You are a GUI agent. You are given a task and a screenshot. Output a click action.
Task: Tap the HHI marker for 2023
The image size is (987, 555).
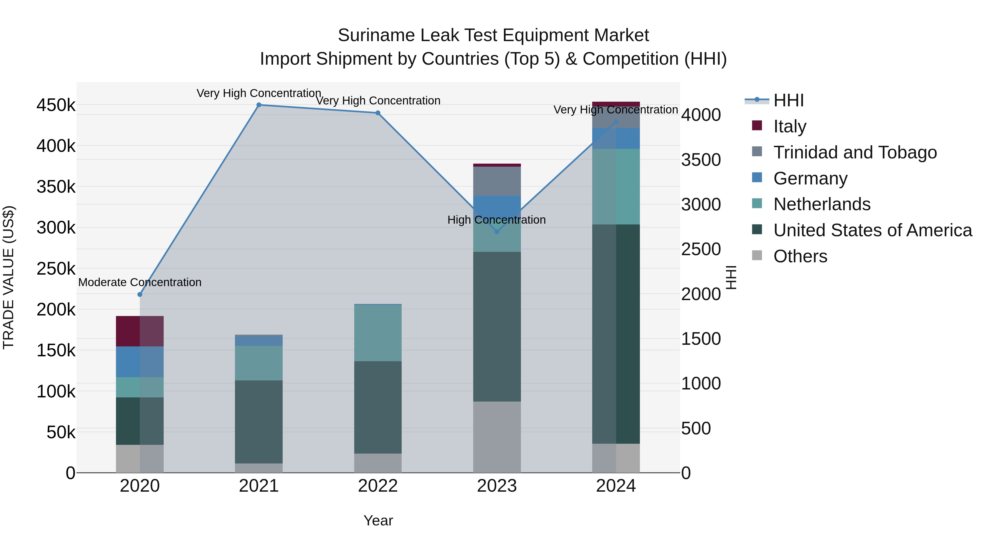[497, 232]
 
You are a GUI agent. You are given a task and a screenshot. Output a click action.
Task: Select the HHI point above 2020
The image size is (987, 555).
[140, 295]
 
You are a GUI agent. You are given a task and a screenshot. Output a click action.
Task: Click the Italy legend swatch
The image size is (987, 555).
[757, 126]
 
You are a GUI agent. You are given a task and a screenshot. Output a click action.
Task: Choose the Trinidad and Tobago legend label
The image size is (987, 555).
[855, 152]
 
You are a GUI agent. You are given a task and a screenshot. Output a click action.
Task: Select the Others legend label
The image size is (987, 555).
[800, 256]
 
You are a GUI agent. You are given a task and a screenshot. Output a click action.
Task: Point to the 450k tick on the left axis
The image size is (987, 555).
[56, 105]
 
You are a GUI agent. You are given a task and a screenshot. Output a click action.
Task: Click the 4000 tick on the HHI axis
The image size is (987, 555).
[701, 115]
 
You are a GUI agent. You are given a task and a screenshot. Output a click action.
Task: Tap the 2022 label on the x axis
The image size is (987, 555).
[378, 486]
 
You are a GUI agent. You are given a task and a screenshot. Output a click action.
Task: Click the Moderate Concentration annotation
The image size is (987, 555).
[140, 282]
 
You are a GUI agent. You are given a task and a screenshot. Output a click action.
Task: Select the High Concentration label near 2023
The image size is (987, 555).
[497, 220]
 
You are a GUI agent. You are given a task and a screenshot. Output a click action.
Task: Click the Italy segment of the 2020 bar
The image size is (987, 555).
[140, 331]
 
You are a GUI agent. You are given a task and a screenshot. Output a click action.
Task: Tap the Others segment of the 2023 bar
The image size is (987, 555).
[497, 437]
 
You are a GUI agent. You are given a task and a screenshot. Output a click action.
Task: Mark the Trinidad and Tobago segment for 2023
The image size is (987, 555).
[497, 181]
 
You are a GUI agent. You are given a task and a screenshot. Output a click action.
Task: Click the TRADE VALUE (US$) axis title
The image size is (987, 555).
[8, 277]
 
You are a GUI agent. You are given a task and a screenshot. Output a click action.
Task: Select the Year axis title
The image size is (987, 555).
[378, 520]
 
